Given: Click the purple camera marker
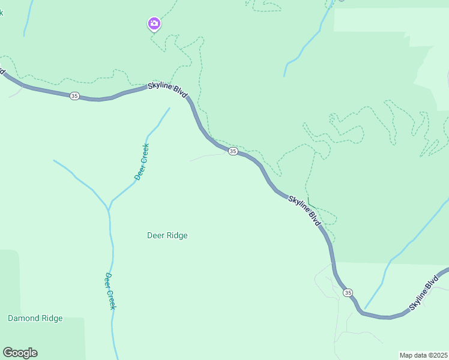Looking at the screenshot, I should click(x=154, y=23).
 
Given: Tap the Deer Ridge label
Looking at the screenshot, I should click(x=167, y=235).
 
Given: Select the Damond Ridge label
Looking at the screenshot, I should click(x=35, y=318).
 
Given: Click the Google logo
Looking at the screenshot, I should click(x=20, y=353).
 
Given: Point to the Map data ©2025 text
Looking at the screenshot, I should click(x=423, y=355).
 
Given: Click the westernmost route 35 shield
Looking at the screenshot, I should click(x=74, y=96).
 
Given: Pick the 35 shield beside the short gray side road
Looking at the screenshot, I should click(x=233, y=151).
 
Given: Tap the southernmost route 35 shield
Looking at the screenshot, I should click(x=348, y=292).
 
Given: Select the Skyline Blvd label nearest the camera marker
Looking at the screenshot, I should click(x=168, y=92).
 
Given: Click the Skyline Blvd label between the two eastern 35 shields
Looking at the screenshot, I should click(x=304, y=211).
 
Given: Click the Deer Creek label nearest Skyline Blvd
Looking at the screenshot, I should click(x=142, y=161).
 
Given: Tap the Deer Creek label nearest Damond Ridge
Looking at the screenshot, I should click(x=110, y=291).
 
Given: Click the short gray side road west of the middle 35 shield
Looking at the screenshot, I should click(x=207, y=157).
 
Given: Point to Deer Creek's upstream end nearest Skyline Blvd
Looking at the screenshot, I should click(x=169, y=109).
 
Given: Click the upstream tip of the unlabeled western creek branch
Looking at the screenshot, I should click(x=54, y=160).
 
